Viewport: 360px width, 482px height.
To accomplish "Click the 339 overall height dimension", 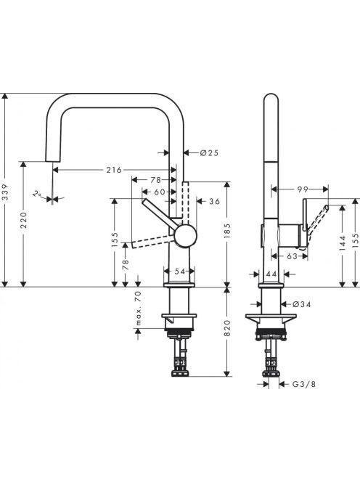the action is point(5,192).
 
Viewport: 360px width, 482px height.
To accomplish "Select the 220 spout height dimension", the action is point(24,220).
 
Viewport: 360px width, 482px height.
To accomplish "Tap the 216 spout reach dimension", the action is point(114,170).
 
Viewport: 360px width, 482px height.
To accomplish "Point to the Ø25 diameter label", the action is point(209,152).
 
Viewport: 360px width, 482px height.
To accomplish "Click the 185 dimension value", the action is point(227,231).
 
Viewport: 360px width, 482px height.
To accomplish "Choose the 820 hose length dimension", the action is point(227,328).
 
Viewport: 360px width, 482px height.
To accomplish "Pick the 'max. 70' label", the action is point(138,308).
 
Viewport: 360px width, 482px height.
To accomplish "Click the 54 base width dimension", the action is point(180,271).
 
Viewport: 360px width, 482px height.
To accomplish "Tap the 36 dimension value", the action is point(215,201).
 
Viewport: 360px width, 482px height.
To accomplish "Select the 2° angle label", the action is point(37,194).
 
